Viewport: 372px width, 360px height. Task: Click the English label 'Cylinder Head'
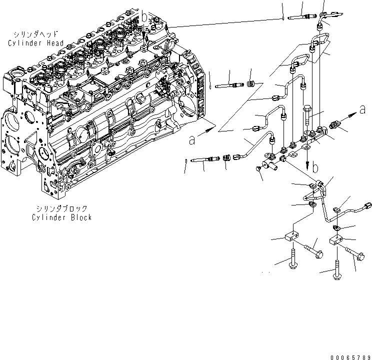(x=35, y=43)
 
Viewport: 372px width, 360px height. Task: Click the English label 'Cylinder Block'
(x=62, y=217)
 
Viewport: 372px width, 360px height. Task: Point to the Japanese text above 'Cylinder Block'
(x=62, y=208)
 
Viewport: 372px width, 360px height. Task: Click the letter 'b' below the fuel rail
(x=315, y=168)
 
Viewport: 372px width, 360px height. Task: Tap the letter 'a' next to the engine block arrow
(x=192, y=141)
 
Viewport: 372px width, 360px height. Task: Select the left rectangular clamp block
(x=291, y=236)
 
